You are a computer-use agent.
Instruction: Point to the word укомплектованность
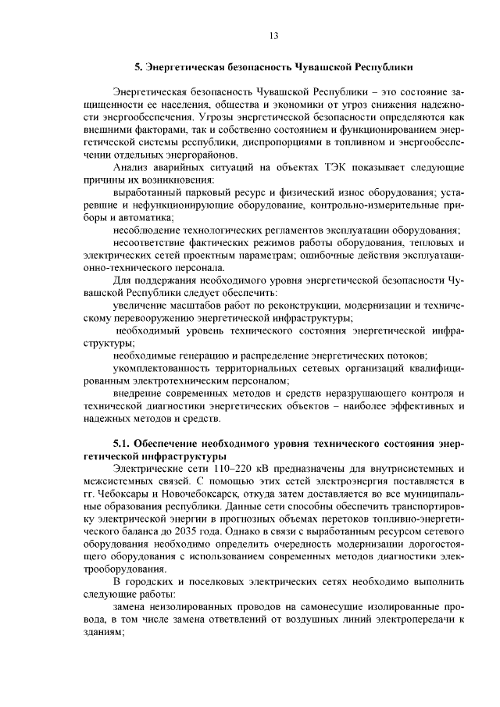point(162,367)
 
